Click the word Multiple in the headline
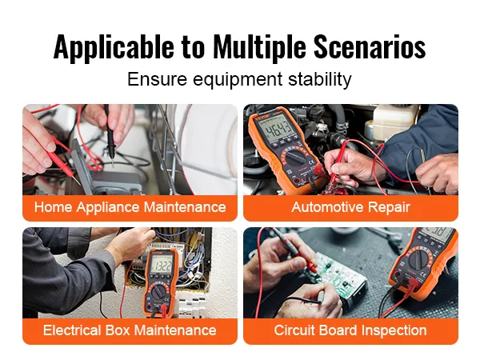pyautogui.click(x=259, y=47)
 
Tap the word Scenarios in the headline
pyautogui.click(x=370, y=47)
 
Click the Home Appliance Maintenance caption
pyautogui.click(x=130, y=207)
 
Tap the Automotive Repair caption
pyautogui.click(x=351, y=207)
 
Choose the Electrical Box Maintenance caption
pyautogui.click(x=130, y=330)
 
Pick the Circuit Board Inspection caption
pyautogui.click(x=350, y=330)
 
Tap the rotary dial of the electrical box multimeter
pyautogui.click(x=158, y=292)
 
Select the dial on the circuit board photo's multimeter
pyautogui.click(x=418, y=260)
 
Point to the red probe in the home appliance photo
pyautogui.click(x=62, y=163)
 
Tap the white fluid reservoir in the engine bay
pyautogui.click(x=394, y=122)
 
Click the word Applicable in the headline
pyautogui.click(x=114, y=48)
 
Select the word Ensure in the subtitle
pyautogui.click(x=157, y=79)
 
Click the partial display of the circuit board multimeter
pyautogui.click(x=435, y=234)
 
